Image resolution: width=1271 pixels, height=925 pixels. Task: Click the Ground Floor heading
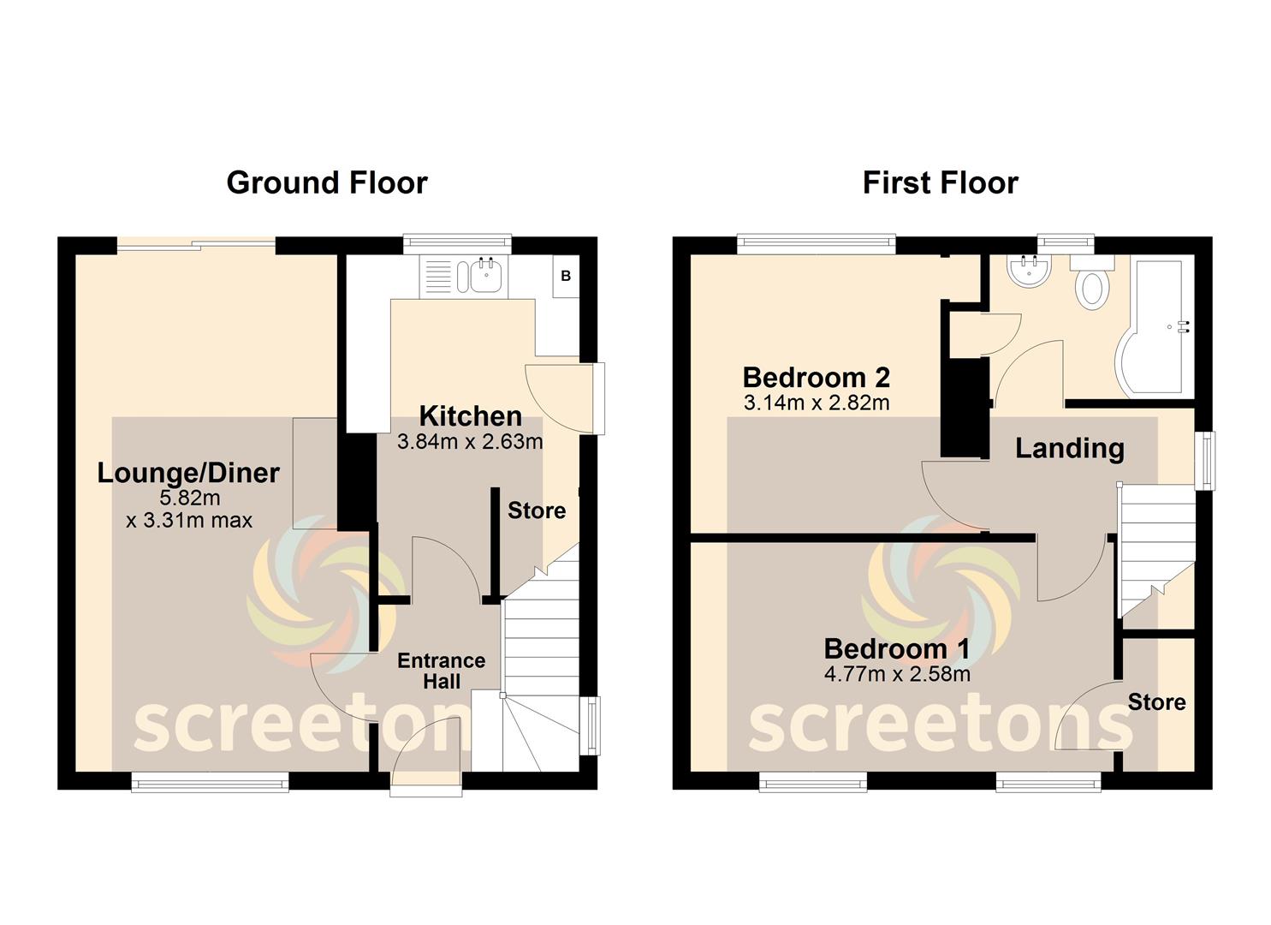coord(327,183)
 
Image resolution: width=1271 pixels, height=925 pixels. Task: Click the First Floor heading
coord(941,183)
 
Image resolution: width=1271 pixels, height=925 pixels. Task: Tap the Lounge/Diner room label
coord(188,473)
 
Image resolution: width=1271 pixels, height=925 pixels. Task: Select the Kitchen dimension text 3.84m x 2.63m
coord(470,441)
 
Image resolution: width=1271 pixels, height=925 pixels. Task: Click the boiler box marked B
coord(566,276)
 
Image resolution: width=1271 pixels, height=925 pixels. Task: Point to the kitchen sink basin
coord(485,276)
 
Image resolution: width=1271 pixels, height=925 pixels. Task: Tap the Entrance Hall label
coord(442,671)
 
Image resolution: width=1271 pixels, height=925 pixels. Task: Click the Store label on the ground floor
coord(536,510)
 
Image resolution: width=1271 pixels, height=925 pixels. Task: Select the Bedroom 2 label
coord(817,377)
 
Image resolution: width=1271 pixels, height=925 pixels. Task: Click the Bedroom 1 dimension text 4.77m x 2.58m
coord(897,674)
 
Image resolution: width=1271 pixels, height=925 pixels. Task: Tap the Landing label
coord(1070,449)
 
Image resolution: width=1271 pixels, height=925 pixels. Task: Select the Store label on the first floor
coord(1156,702)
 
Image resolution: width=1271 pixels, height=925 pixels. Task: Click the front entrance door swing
coord(426,750)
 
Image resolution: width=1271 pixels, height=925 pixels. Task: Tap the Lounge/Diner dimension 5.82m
coord(189,498)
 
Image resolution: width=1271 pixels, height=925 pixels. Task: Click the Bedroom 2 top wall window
coord(816,244)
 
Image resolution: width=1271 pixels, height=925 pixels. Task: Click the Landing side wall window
coord(1205,460)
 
